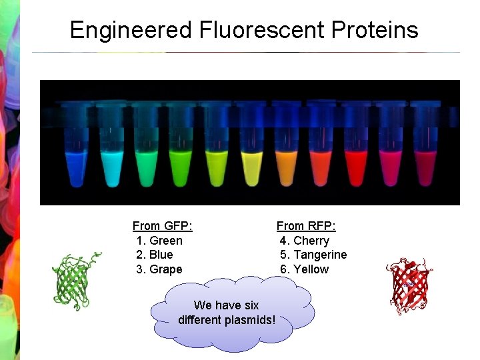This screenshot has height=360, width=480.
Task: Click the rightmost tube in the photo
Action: [x=425, y=167]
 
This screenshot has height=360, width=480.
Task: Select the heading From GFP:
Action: [x=162, y=226]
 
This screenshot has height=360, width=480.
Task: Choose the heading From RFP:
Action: [x=306, y=226]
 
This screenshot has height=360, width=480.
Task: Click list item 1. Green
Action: [x=159, y=241]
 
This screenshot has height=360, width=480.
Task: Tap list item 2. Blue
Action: [x=154, y=255]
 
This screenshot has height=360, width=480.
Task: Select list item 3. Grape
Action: [x=159, y=269]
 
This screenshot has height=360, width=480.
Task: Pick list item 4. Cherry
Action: [x=304, y=241]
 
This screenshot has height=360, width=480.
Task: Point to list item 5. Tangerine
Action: [x=313, y=255]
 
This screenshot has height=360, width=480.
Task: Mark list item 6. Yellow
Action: [x=304, y=269]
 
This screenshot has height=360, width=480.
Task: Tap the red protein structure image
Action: [x=409, y=286]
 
